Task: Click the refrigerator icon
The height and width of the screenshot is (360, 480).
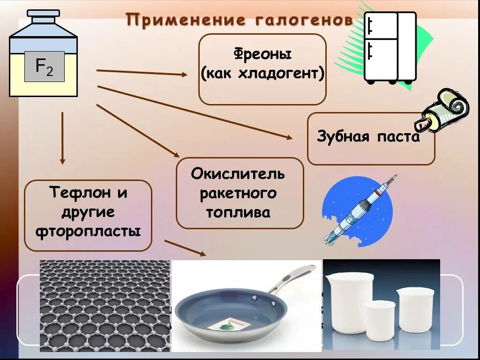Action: tap(390, 47)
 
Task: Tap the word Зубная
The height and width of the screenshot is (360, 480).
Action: tap(341, 137)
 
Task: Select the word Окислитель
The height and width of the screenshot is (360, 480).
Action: tap(238, 174)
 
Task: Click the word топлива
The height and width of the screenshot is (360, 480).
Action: tap(238, 212)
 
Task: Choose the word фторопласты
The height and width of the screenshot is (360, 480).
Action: tap(88, 231)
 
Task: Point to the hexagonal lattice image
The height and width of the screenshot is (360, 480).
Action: tap(105, 305)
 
